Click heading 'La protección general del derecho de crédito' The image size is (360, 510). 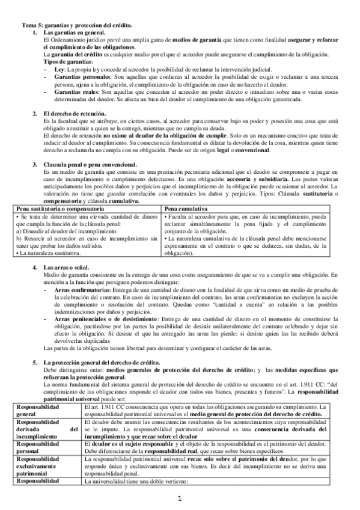[102, 363]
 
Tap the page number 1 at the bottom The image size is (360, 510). [179, 499]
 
